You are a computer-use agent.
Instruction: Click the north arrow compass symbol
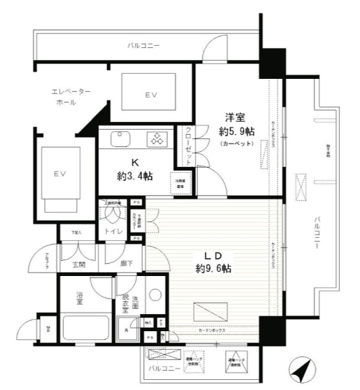pyautogui.click(x=302, y=371)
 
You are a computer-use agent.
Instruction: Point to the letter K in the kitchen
pyautogui.click(x=134, y=163)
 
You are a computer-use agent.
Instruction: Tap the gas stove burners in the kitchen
pyautogui.click(x=156, y=138)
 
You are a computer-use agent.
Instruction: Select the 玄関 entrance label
pyautogui.click(x=80, y=265)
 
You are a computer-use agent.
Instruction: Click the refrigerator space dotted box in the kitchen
pyautogui.click(x=180, y=181)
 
